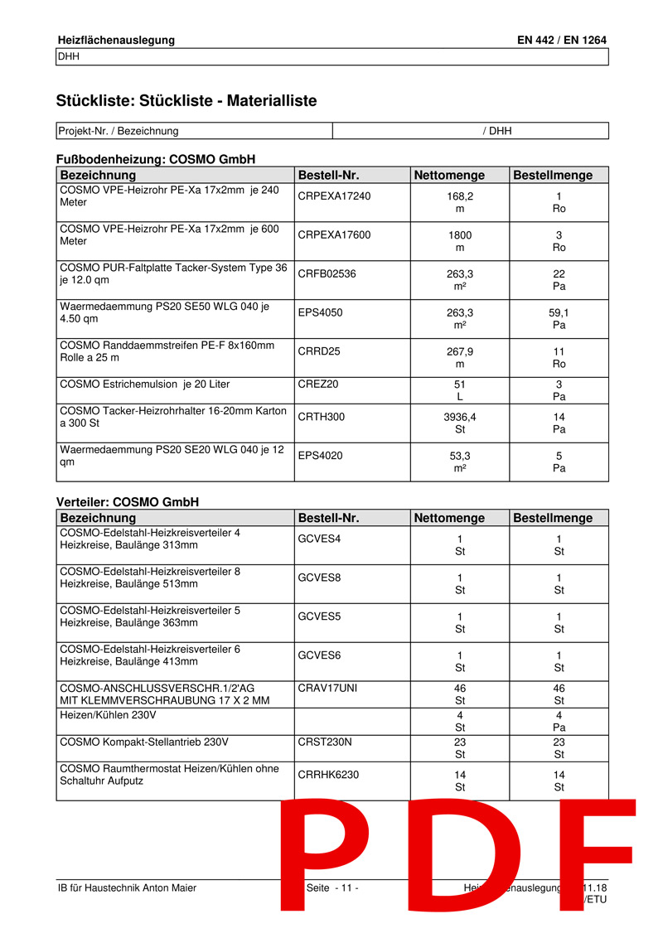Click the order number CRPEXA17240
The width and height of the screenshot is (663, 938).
click(334, 196)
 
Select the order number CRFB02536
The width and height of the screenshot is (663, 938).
click(327, 273)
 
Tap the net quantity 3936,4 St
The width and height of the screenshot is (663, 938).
click(460, 423)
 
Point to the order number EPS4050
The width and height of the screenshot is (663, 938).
click(320, 312)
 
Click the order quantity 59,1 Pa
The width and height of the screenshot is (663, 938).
click(559, 320)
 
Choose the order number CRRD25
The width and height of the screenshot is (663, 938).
click(319, 351)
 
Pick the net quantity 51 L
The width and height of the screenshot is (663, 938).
click(460, 390)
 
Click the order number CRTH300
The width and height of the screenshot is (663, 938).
click(321, 417)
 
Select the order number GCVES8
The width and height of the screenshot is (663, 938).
click(319, 578)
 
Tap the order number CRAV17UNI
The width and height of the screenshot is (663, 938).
click(327, 688)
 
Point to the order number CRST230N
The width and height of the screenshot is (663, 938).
click(324, 742)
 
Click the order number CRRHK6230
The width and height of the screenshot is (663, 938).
click(328, 775)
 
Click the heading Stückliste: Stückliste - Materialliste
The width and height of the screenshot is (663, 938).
click(186, 101)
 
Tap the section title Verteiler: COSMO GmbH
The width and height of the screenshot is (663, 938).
click(127, 502)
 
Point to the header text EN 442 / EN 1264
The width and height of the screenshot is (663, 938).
click(561, 40)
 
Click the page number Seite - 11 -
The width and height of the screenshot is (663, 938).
click(332, 888)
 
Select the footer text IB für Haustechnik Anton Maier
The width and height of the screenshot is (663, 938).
click(127, 888)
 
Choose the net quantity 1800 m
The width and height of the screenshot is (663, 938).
click(460, 241)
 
